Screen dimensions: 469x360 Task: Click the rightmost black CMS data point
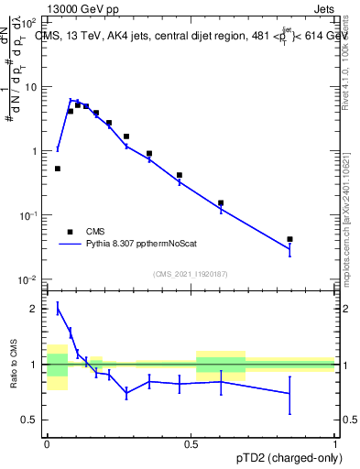[289, 239]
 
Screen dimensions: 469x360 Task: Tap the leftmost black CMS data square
[58, 169]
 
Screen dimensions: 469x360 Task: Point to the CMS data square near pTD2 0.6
[221, 202]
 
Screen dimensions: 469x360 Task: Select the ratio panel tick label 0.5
[30, 420]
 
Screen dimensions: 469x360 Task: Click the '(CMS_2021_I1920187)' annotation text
[191, 272]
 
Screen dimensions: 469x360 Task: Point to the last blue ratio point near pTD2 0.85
[289, 393]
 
